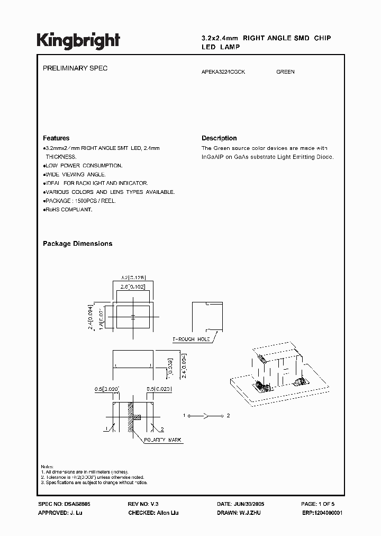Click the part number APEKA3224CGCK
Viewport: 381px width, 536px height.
pyautogui.click(x=223, y=72)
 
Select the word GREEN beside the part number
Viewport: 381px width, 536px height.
pyautogui.click(x=285, y=72)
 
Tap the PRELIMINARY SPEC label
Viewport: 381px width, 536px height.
pyautogui.click(x=75, y=69)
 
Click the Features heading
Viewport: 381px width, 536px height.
pyautogui.click(x=56, y=138)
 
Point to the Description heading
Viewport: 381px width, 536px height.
pyautogui.click(x=219, y=138)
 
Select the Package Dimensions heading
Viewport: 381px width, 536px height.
pyautogui.click(x=77, y=244)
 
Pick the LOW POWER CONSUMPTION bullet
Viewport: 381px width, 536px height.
pyautogui.click(x=84, y=166)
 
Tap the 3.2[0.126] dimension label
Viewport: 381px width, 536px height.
pyautogui.click(x=133, y=276)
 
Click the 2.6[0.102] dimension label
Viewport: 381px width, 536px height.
pyautogui.click(x=133, y=287)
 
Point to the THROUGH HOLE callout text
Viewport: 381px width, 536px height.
pyautogui.click(x=191, y=339)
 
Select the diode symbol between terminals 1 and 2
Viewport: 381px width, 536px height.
pyautogui.click(x=204, y=416)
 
